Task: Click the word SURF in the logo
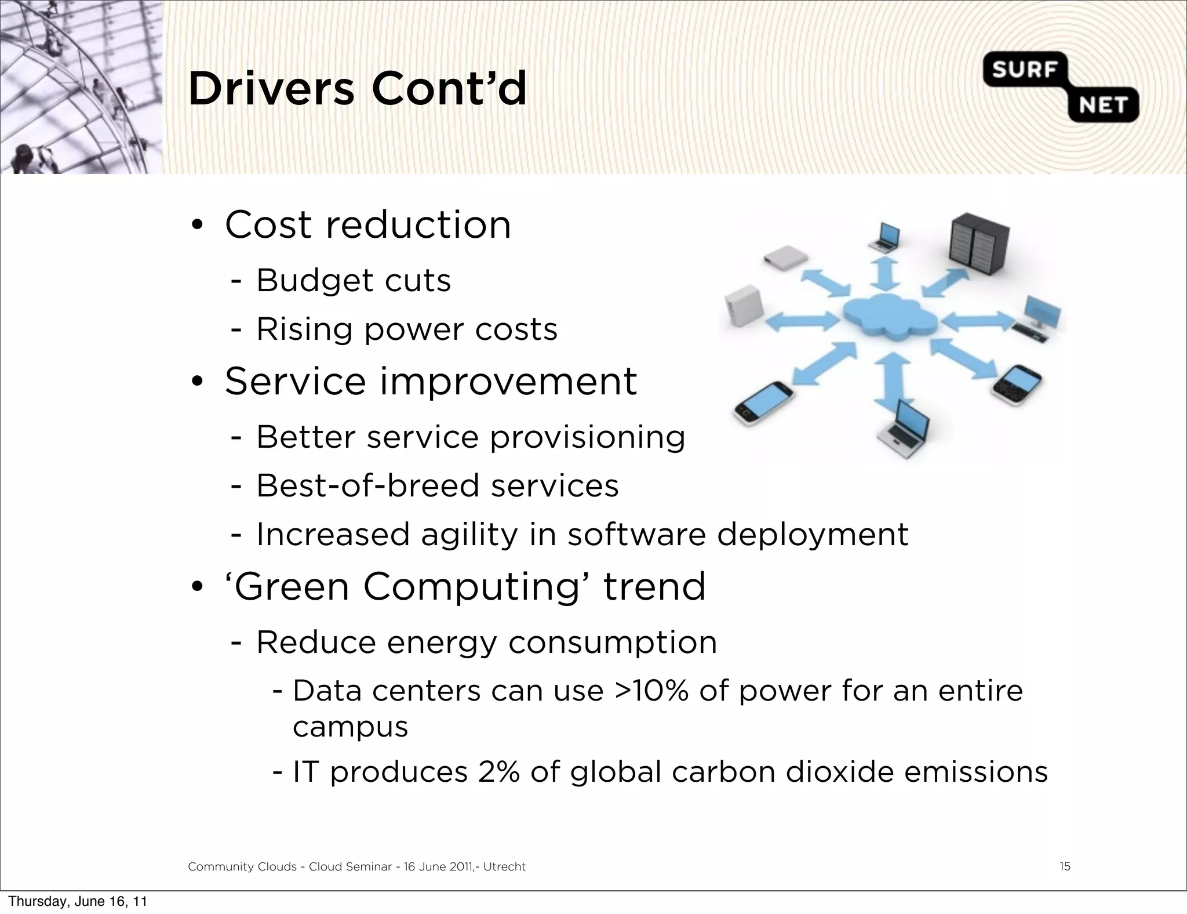(x=1024, y=70)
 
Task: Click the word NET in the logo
(x=1103, y=105)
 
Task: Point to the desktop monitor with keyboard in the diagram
(x=1039, y=318)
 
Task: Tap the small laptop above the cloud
(x=885, y=237)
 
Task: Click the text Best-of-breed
(x=368, y=485)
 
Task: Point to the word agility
(x=469, y=534)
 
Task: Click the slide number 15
(x=1065, y=866)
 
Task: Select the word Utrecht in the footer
(x=504, y=866)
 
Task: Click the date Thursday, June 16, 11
(x=78, y=901)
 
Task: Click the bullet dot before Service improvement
(x=197, y=382)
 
